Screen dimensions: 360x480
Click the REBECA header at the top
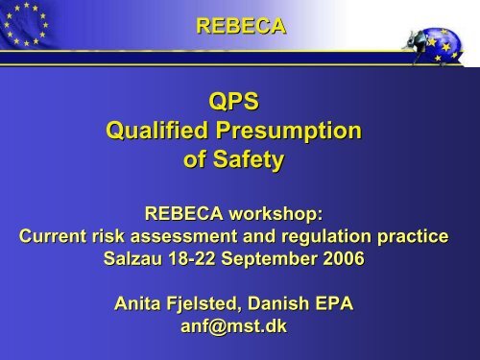coord(240,27)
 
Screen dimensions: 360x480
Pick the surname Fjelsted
coord(213,304)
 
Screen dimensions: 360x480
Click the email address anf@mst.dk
coord(240,324)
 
